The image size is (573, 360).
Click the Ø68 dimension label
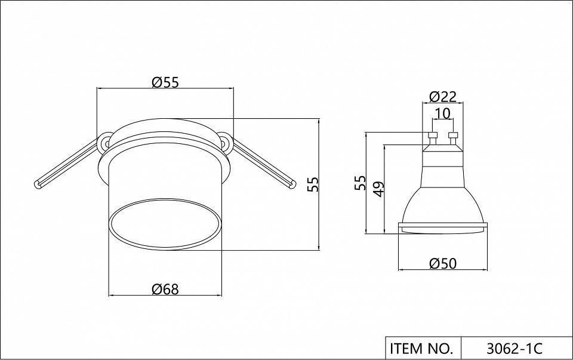click(x=165, y=289)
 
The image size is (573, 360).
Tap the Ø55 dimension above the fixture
click(x=165, y=82)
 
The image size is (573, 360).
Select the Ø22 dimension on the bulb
click(x=443, y=97)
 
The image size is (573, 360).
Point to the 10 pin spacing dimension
click(x=443, y=113)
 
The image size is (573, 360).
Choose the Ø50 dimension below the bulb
click(x=443, y=263)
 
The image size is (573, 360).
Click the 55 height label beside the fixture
click(x=313, y=184)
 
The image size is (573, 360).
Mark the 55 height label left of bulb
click(x=360, y=183)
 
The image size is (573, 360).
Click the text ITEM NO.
click(x=421, y=348)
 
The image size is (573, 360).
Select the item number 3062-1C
click(x=514, y=348)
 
